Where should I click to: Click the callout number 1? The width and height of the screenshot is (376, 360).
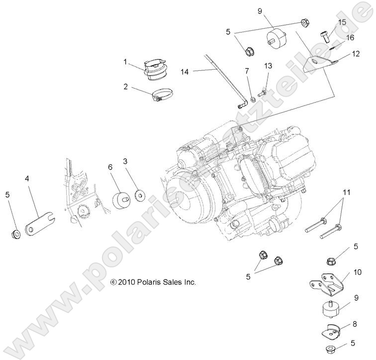pos(126,62)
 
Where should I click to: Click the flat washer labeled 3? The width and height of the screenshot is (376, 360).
pos(139,195)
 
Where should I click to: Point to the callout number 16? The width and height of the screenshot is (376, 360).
pos(350,38)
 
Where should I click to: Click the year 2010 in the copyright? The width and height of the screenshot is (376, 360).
pos(127,282)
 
